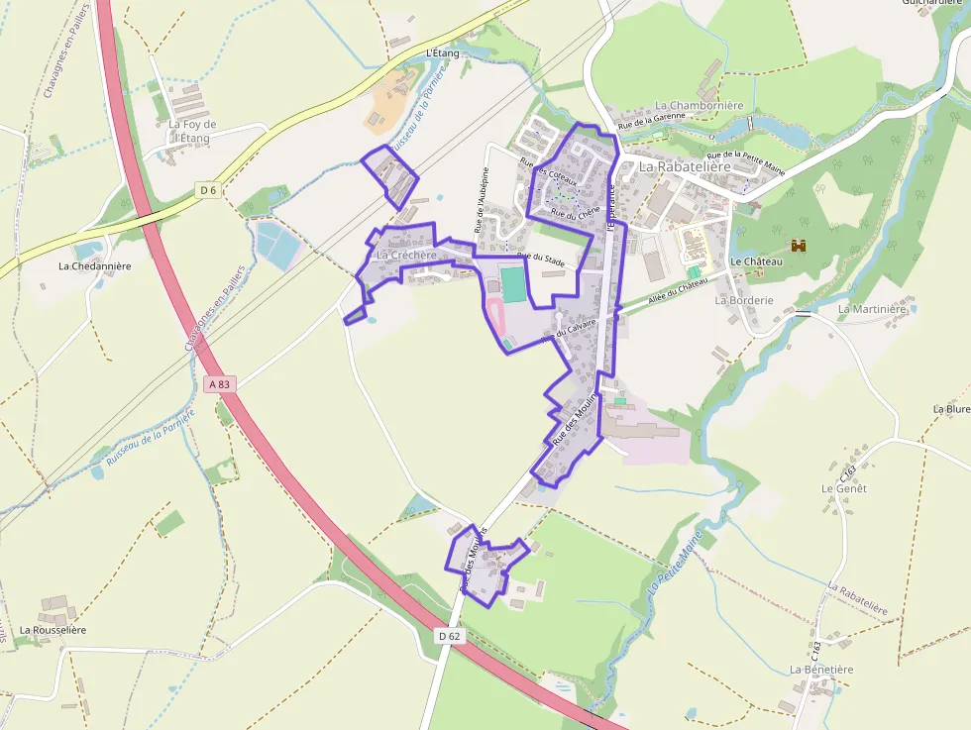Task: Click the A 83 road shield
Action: point(220,383)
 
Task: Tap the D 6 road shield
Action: point(207,190)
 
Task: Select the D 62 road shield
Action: point(449,636)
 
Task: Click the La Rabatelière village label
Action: point(685,167)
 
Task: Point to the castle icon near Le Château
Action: point(800,245)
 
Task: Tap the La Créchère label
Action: point(406,256)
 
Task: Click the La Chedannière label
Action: point(95,265)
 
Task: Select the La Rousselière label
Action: point(53,630)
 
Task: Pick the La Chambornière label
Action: point(699,106)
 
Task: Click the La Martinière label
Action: point(873,309)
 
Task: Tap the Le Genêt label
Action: point(844,488)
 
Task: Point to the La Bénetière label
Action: point(821,670)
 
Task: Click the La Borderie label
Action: point(743,299)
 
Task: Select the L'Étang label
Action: point(445,52)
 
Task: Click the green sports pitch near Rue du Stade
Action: point(513,284)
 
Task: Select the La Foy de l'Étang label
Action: point(192,131)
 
